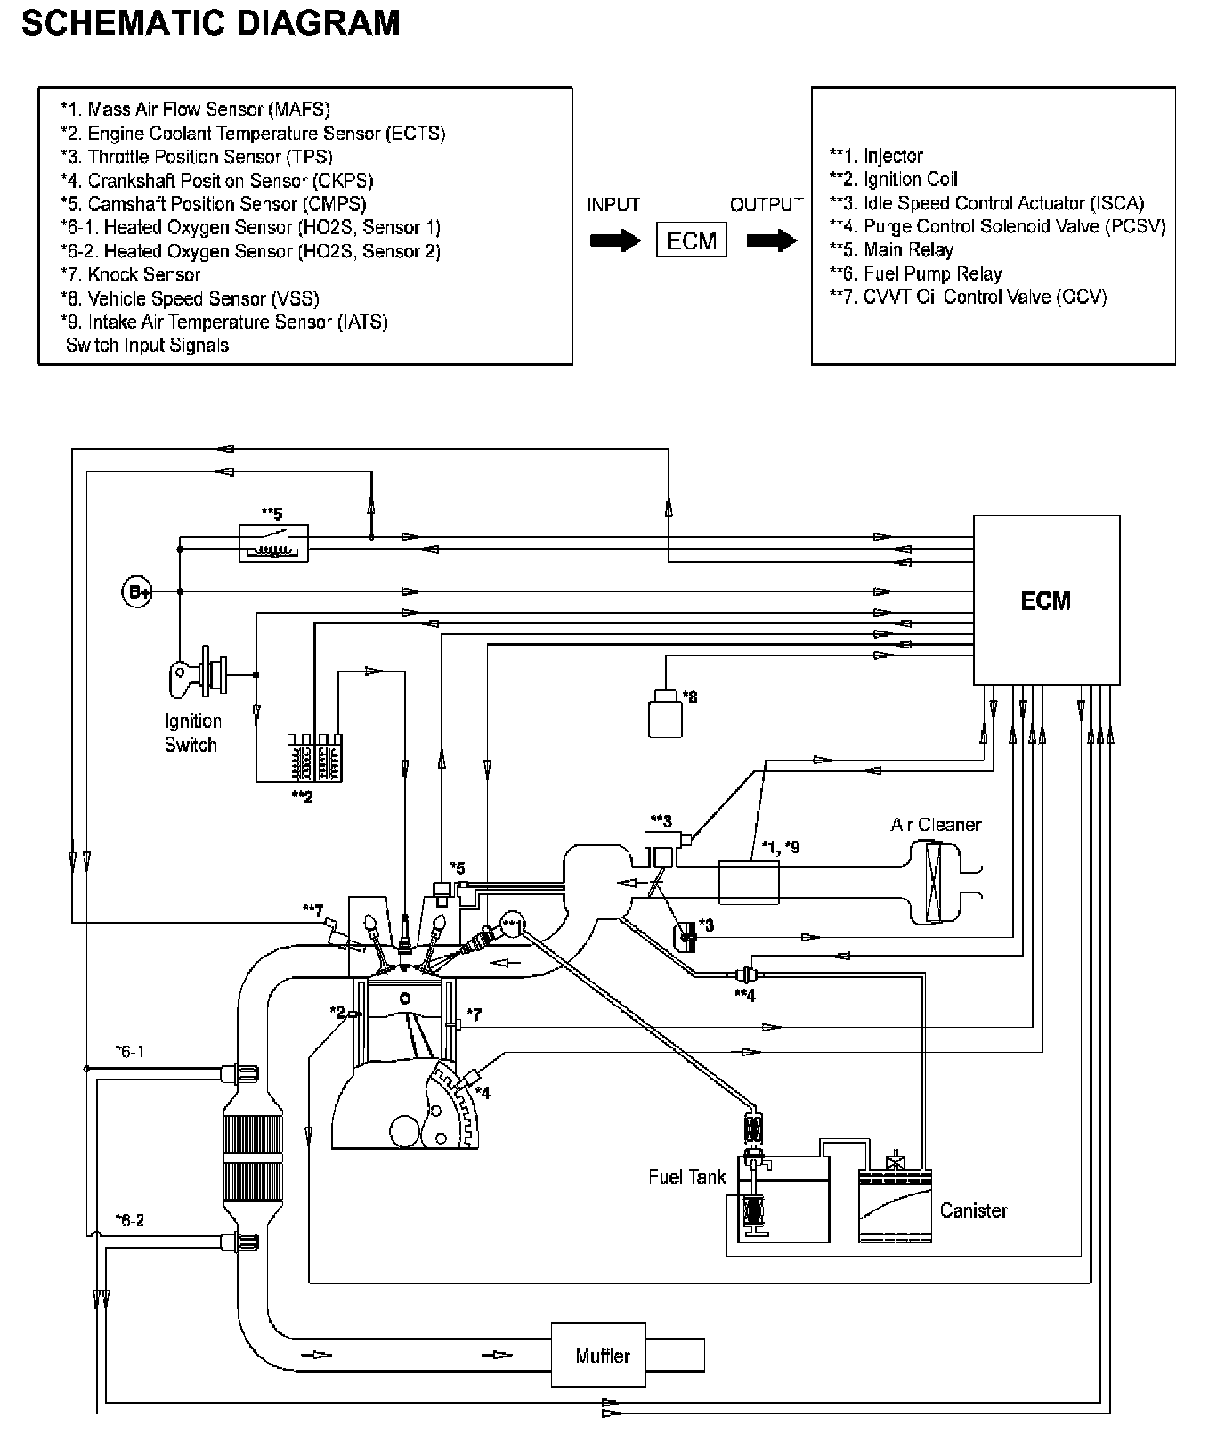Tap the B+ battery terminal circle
point(136,591)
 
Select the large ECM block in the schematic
point(1046,599)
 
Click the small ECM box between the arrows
point(692,240)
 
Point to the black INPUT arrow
point(614,240)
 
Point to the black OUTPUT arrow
point(771,240)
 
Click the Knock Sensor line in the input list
point(131,275)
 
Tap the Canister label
point(973,1210)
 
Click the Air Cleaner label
point(936,825)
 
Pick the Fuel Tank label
point(686,1177)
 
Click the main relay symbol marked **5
point(274,542)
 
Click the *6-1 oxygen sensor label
point(130,1052)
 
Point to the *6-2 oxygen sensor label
point(130,1220)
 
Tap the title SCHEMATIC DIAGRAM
point(210,22)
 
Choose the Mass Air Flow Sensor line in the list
point(195,110)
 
